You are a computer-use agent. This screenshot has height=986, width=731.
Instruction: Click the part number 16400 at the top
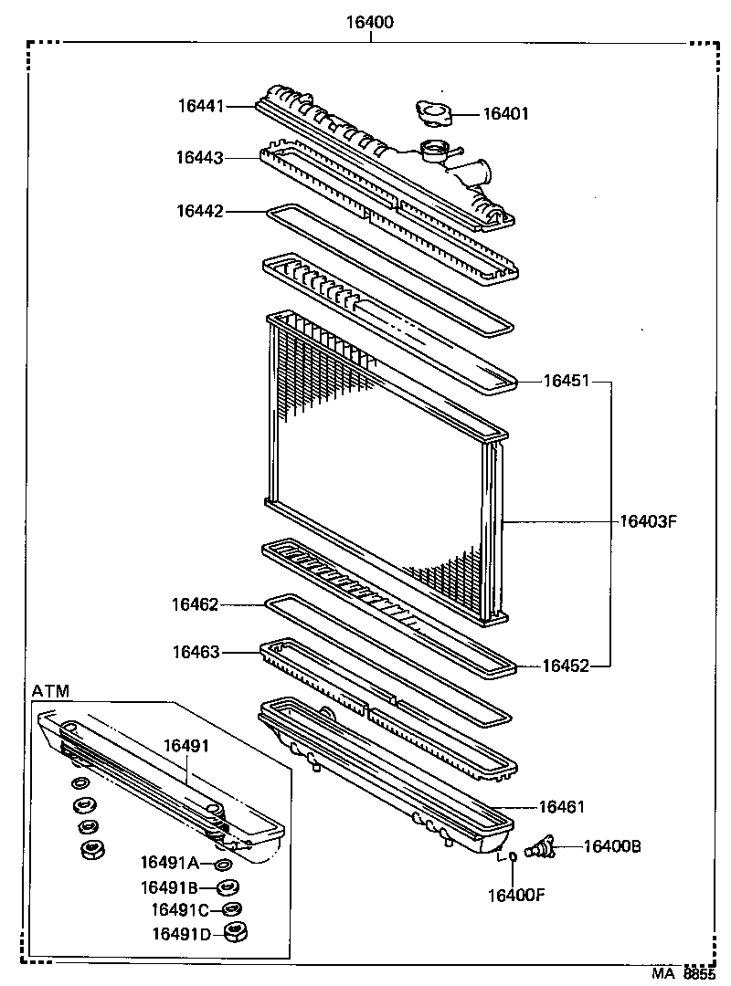pos(369,23)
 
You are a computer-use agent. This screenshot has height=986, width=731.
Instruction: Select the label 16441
pos(200,107)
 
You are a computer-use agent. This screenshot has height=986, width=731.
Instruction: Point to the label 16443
pos(200,158)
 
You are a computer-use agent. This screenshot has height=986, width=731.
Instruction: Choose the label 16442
pos(200,211)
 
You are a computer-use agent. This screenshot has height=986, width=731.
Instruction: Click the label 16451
pos(567,382)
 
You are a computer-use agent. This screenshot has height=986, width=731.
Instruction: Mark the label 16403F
pos(647,522)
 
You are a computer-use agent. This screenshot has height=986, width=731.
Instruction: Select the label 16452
pos(567,666)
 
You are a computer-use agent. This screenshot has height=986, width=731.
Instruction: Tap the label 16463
pos(195,652)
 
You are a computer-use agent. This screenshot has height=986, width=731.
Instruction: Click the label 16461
pos(560,806)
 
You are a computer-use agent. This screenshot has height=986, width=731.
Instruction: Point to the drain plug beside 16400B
pos(541,848)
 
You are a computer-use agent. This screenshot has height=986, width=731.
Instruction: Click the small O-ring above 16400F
pos(514,857)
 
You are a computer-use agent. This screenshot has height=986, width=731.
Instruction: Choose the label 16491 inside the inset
pos(186,746)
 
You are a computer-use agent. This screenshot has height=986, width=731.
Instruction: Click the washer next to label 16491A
pos(223,864)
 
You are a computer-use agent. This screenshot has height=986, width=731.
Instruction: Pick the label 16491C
pos(181,909)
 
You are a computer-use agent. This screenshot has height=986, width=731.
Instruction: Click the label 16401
pos(505,114)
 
